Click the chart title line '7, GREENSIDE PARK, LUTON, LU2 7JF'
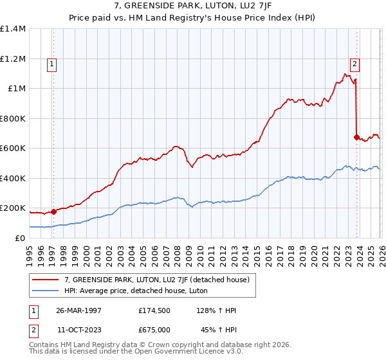[x=193, y=7]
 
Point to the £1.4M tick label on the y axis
[x=13, y=29]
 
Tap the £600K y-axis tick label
[x=13, y=148]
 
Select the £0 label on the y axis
[x=19, y=238]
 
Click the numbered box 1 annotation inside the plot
[x=51, y=64]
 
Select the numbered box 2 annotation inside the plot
[x=354, y=63]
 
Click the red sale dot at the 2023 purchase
[x=356, y=137]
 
